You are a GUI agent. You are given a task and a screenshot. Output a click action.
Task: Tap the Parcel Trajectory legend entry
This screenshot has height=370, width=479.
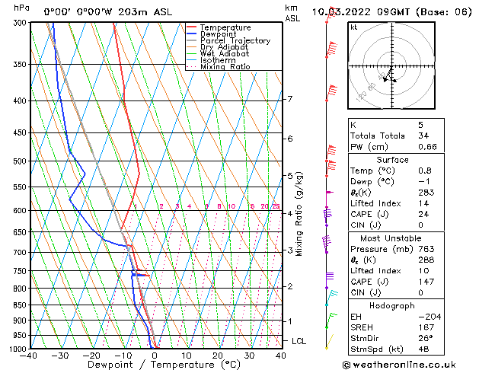pyautogui.click(x=235, y=40)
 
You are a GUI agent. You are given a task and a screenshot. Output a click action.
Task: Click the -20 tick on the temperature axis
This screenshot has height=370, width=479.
pyautogui.click(x=92, y=355)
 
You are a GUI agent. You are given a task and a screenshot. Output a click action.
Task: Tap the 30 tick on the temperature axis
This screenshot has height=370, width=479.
pyautogui.click(x=249, y=355)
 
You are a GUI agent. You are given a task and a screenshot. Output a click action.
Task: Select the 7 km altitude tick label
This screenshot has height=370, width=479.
pyautogui.click(x=290, y=99)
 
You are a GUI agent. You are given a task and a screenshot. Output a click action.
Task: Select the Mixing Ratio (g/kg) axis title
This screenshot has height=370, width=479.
pyautogui.click(x=300, y=213)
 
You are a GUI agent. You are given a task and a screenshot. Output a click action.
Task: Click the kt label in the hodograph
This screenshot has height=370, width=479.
pyautogui.click(x=353, y=27)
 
